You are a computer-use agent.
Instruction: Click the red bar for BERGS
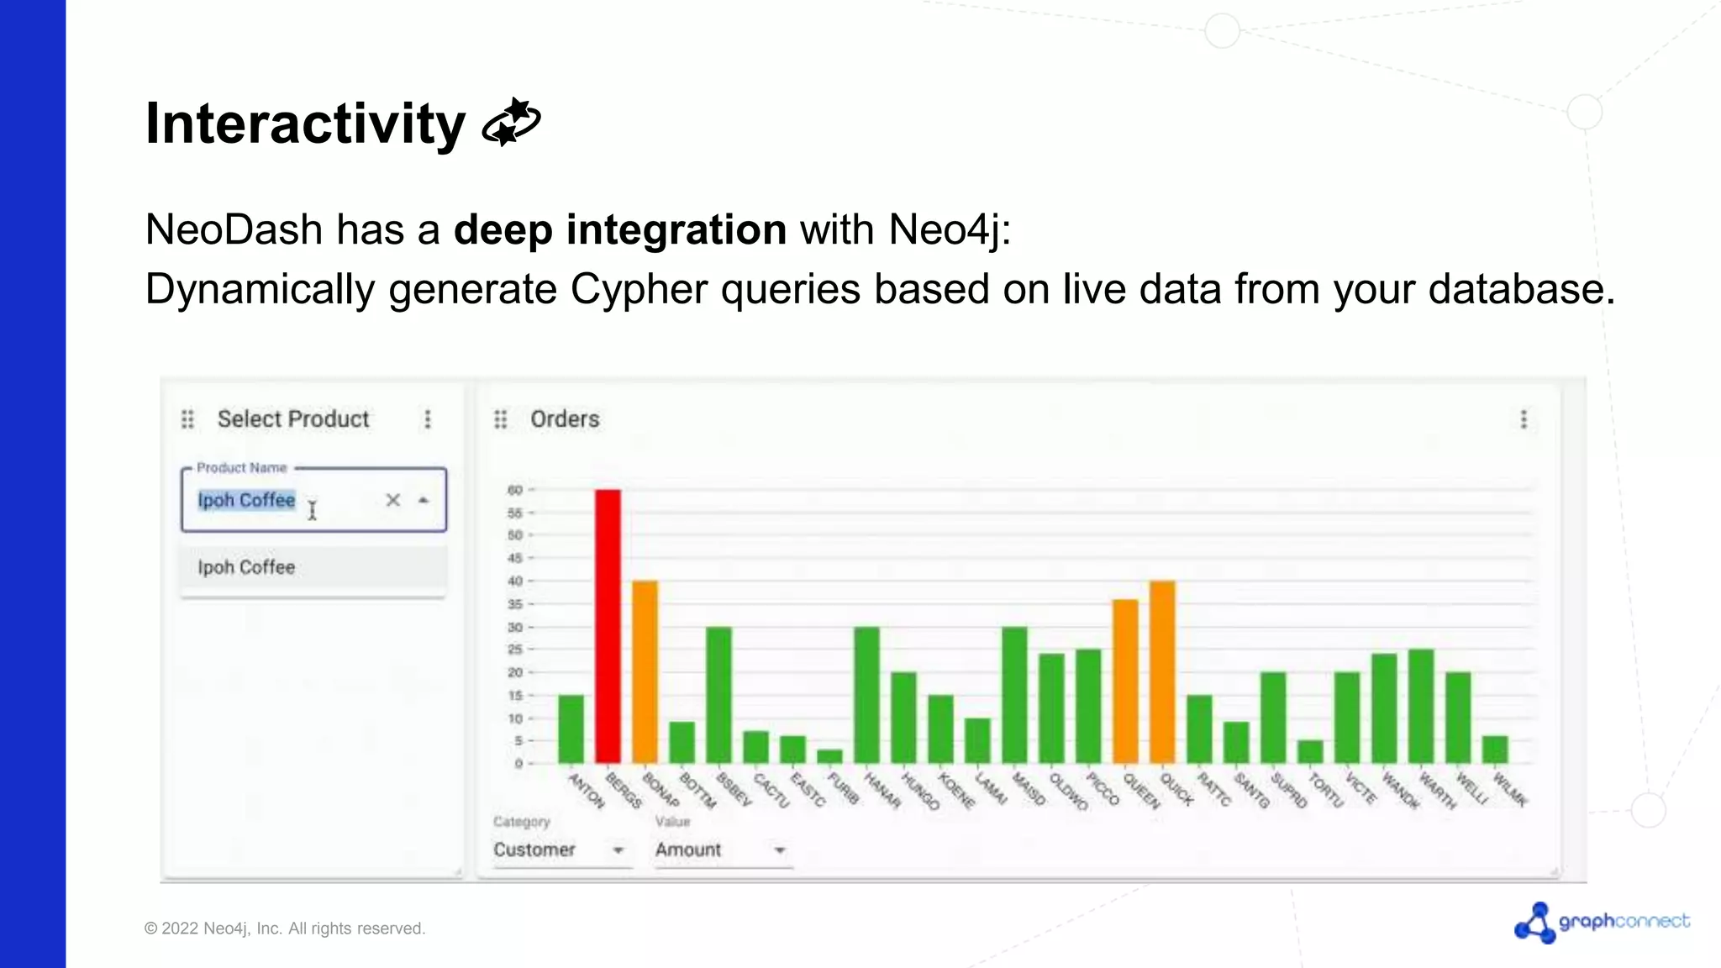tap(608, 626)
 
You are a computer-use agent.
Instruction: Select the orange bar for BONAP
tap(645, 672)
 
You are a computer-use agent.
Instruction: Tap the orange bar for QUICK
tap(1162, 672)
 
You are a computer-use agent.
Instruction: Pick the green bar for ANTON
tap(571, 729)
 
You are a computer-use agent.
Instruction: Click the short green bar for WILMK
tap(1495, 750)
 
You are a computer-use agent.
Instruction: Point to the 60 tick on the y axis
tap(515, 490)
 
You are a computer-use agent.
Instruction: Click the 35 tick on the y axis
tap(515, 604)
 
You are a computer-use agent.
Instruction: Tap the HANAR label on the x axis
tap(882, 791)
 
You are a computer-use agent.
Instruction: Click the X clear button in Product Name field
tap(392, 501)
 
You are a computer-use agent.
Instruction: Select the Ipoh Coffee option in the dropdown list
tap(247, 568)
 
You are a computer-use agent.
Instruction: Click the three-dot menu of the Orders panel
tap(1524, 419)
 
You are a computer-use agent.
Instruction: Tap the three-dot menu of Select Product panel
tap(428, 419)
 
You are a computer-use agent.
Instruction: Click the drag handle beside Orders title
tap(501, 419)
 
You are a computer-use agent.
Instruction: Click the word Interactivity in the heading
tap(305, 124)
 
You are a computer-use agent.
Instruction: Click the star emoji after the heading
tap(511, 123)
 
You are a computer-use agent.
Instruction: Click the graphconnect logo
tap(1602, 923)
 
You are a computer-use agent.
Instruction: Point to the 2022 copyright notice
tap(285, 929)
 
